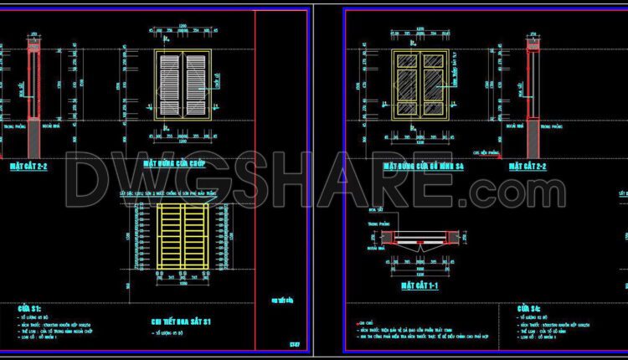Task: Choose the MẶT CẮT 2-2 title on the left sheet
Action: tap(29, 167)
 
